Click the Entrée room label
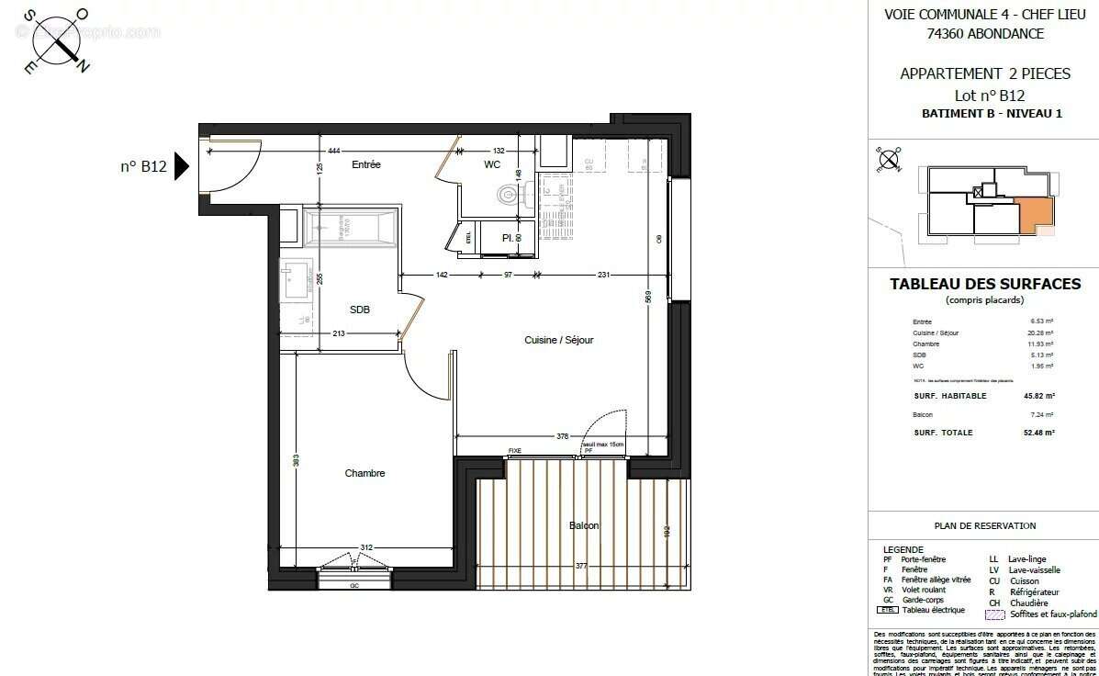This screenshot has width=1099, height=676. point(365,164)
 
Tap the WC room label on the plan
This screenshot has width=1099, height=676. point(492,164)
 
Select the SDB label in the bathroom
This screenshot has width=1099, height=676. point(360,310)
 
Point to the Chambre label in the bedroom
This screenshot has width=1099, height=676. point(364,473)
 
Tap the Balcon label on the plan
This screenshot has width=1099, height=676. point(584,525)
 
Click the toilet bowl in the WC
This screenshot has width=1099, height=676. point(508,195)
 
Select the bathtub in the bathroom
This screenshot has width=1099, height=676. point(351,226)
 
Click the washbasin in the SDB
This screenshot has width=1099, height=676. point(297,278)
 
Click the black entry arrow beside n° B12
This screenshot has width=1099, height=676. point(182,166)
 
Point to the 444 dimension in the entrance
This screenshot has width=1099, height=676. point(334,151)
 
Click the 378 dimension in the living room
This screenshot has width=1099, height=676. point(563,436)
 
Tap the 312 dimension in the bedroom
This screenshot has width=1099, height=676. point(366,547)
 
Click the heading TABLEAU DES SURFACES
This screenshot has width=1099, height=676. point(985,284)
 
